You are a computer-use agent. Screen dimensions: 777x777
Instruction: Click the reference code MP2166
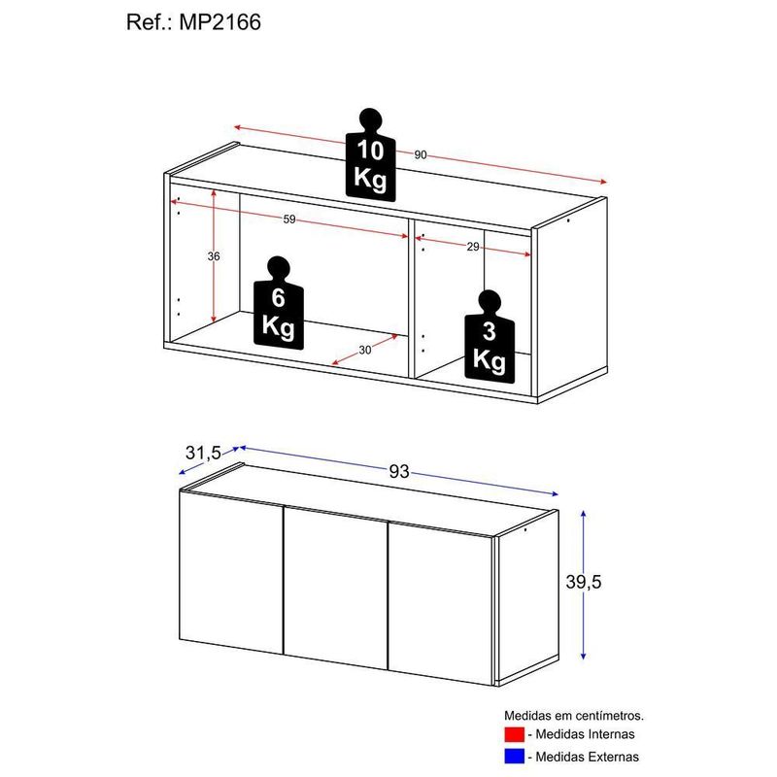220,22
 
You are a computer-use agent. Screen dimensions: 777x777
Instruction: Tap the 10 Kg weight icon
371,154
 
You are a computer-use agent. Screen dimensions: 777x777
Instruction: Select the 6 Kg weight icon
279,303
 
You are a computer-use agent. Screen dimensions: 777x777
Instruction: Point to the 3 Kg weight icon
490,336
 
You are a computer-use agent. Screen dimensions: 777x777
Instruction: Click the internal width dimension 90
421,155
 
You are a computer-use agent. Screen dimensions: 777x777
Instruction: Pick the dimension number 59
289,220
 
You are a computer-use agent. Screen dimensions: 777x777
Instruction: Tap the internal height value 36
214,256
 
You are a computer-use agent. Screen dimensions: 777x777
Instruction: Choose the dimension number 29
473,247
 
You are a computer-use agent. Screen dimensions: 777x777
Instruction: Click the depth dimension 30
365,350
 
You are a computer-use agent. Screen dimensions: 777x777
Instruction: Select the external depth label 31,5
203,453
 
